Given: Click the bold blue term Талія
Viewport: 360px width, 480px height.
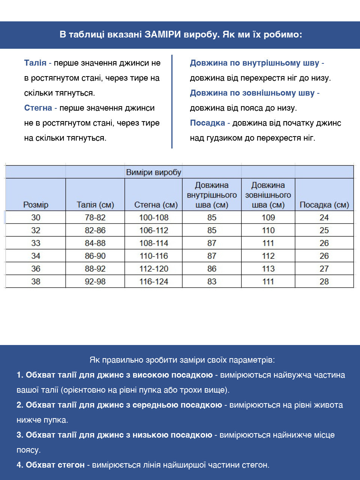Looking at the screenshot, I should pyautogui.click(x=35, y=63).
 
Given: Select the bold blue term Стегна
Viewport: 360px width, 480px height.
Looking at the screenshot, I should pyautogui.click(x=38, y=108).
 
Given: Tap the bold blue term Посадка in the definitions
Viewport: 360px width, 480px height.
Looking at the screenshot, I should pyautogui.click(x=207, y=123).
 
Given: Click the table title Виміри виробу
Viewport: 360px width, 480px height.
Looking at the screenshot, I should pyautogui.click(x=154, y=172).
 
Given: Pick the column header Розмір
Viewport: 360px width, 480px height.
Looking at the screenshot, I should pyautogui.click(x=36, y=205).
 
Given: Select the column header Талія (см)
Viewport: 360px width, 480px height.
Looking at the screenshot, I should pyautogui.click(x=95, y=205).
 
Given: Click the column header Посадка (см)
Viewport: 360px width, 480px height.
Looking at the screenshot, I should pyautogui.click(x=324, y=205).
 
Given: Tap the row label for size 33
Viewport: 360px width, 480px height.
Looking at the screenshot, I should pyautogui.click(x=36, y=243).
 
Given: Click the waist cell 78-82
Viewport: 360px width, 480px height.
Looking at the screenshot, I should pyautogui.click(x=95, y=217).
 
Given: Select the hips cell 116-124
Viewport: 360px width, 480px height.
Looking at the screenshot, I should pyautogui.click(x=154, y=282).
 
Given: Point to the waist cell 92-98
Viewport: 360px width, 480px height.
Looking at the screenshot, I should pyautogui.click(x=95, y=282).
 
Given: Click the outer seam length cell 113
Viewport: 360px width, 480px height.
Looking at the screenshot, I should pyautogui.click(x=268, y=269).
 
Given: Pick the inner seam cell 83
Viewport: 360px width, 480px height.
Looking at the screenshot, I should pyautogui.click(x=212, y=282).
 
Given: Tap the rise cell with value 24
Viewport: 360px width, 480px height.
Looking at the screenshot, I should pyautogui.click(x=324, y=217).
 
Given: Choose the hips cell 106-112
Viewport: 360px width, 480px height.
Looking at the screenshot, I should pyautogui.click(x=154, y=230).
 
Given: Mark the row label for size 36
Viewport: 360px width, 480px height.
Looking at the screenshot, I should pyautogui.click(x=36, y=269).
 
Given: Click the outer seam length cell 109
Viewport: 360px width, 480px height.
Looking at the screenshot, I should pyautogui.click(x=268, y=217).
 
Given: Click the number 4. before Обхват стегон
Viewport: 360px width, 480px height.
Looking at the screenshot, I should pyautogui.click(x=20, y=465).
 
